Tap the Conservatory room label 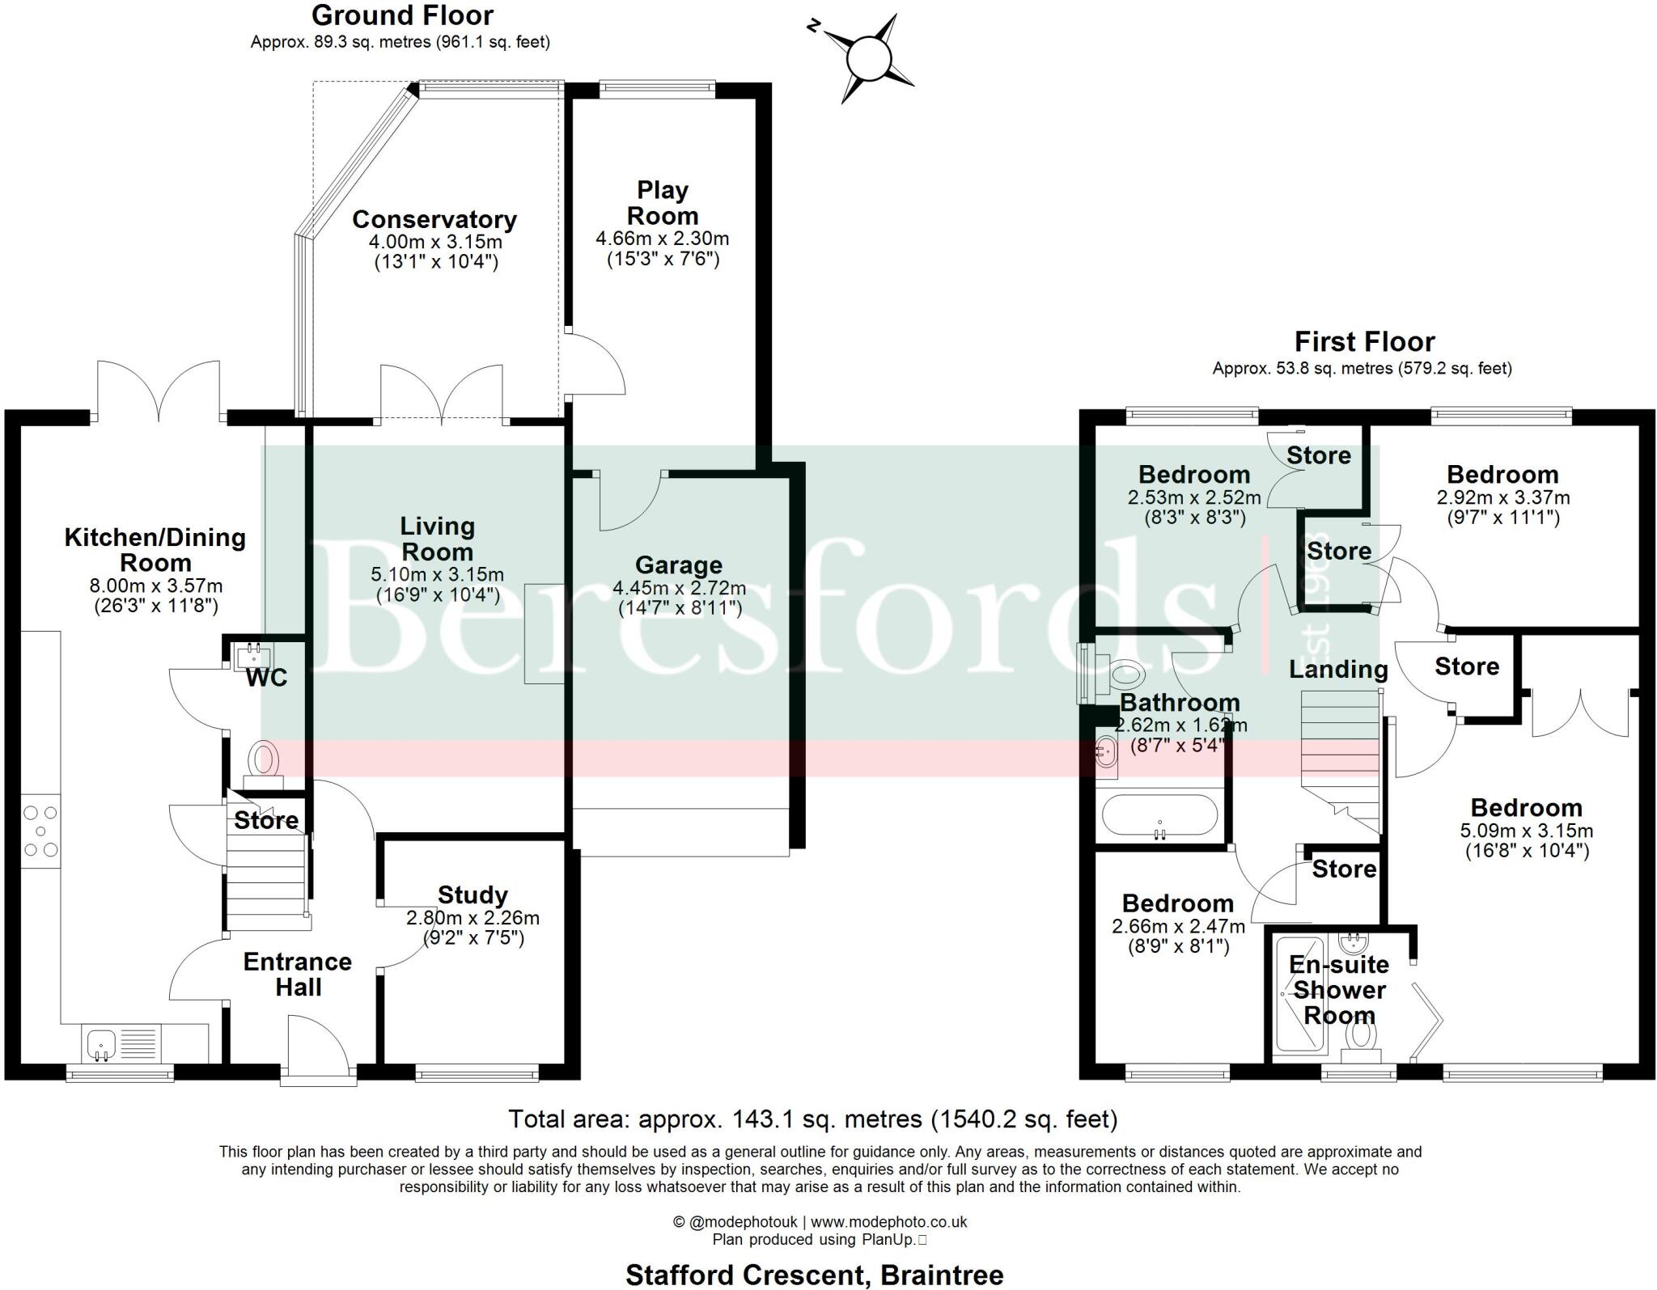pos(434,219)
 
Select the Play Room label pos(663,203)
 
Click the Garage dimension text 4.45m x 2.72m pos(679,588)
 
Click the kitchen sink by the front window pos(101,1043)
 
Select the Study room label pos(473,895)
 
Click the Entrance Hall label pos(298,974)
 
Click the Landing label pos(1338,669)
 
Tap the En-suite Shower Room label pos(1339,989)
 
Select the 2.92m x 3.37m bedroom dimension pos(1502,497)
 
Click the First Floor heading pos(1364,341)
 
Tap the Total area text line pos(812,1119)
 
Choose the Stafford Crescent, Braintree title pos(814,1275)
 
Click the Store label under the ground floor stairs pos(266,820)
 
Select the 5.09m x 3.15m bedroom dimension pos(1526,831)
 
